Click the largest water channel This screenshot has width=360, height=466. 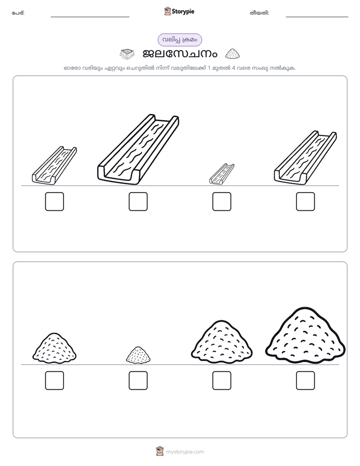point(138,149)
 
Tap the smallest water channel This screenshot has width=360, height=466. point(221,174)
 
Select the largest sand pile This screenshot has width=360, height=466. point(306,335)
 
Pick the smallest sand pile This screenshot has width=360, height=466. point(138,355)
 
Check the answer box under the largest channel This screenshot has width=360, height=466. point(138,202)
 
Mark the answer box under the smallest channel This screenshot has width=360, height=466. point(222,202)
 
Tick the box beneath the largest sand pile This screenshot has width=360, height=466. point(306,380)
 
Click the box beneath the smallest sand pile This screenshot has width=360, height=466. point(138,380)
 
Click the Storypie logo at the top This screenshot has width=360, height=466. point(179,12)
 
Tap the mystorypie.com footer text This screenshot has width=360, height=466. point(185,452)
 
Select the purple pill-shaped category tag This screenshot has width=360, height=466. point(179,40)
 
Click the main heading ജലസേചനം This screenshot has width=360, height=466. point(180,54)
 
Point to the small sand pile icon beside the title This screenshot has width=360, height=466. point(232,54)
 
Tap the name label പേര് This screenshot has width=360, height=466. point(18,13)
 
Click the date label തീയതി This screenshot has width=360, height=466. point(259,13)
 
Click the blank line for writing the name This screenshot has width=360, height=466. point(90,17)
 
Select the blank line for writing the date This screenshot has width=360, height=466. point(317,17)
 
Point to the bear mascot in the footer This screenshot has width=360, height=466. point(160,451)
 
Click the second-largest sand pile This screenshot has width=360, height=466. point(221,342)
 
